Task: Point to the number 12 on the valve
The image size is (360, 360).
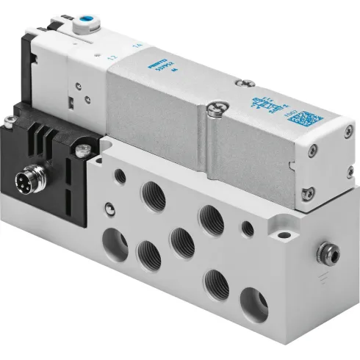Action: pos(112,57)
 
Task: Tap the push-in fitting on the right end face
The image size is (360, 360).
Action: pos(323,254)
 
